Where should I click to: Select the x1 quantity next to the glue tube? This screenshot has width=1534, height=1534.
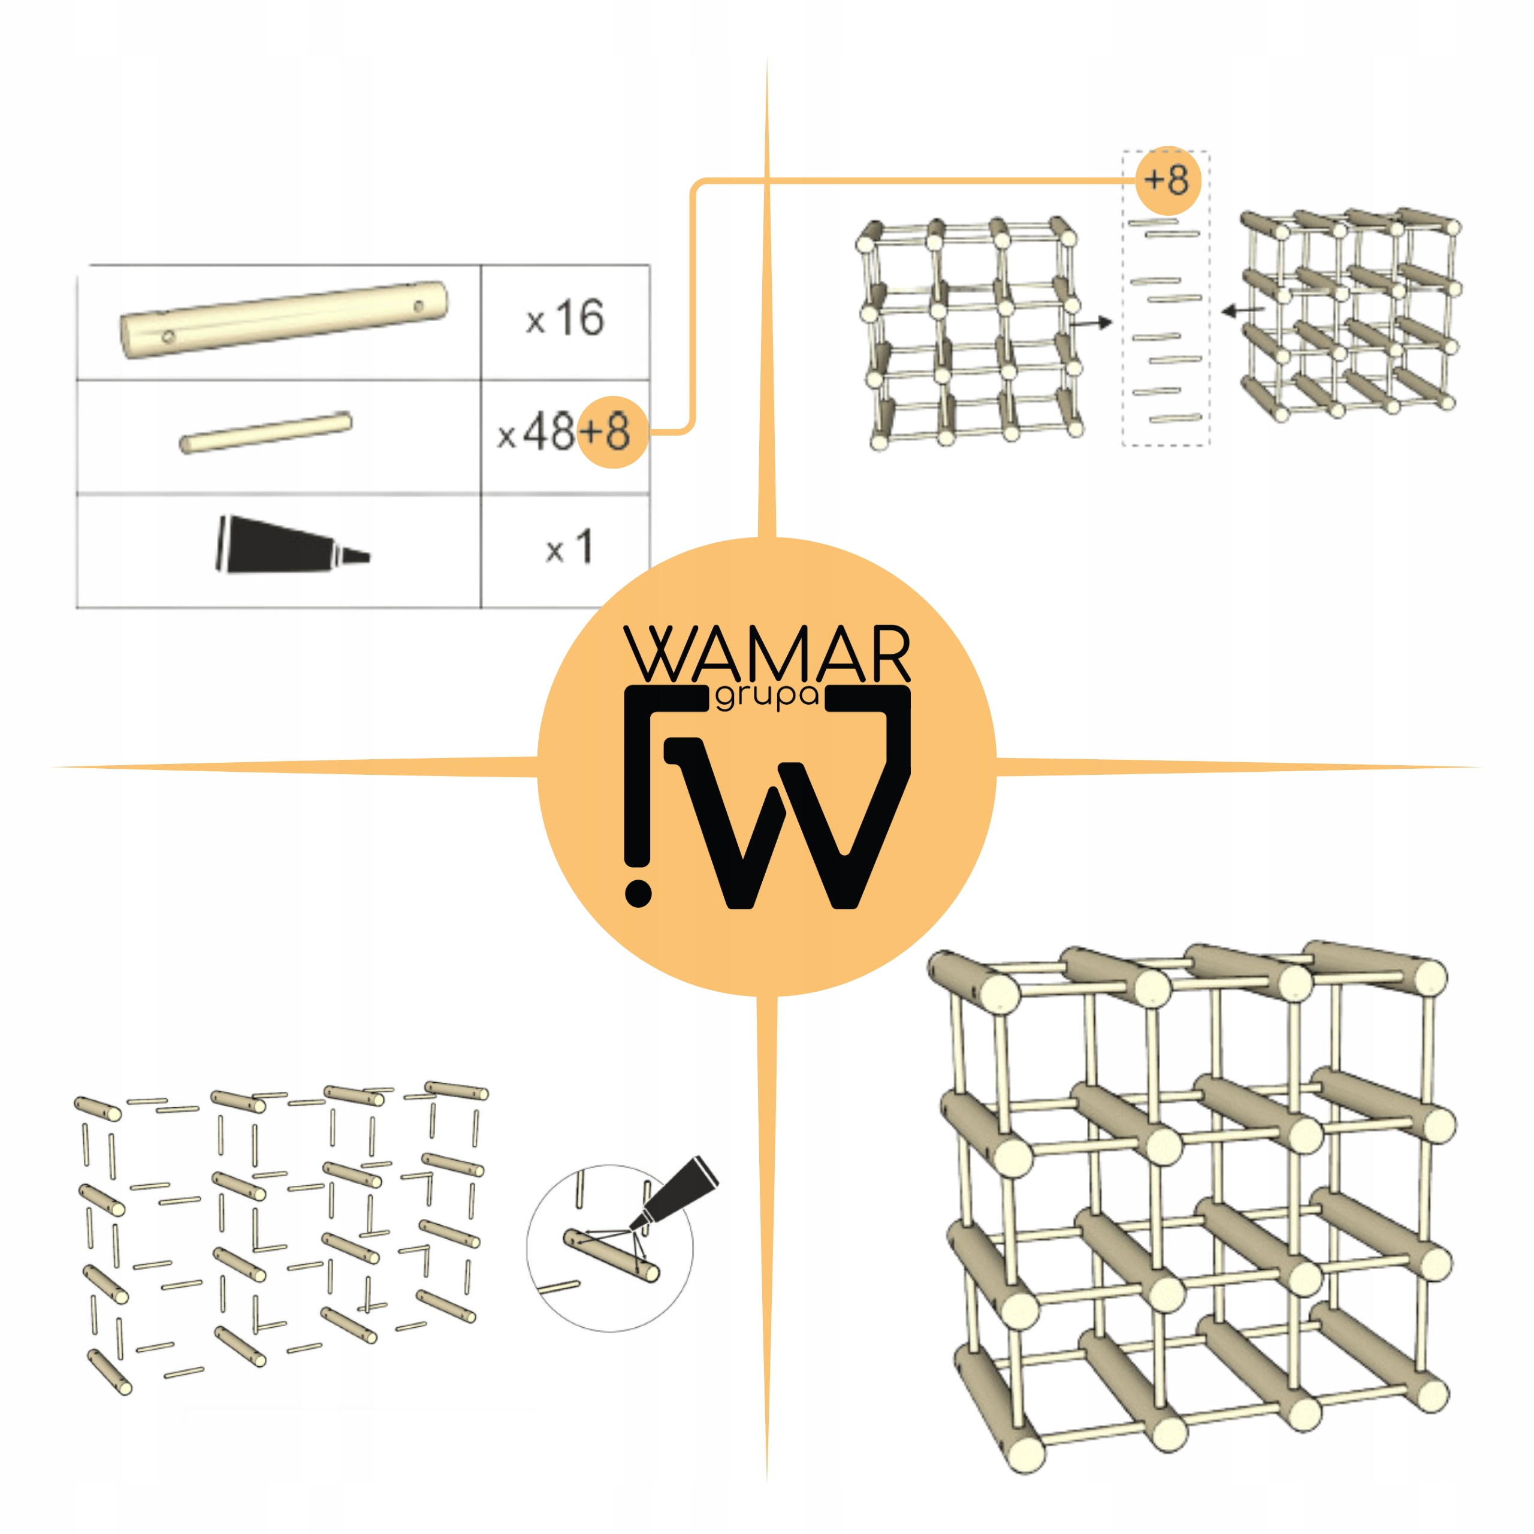(569, 547)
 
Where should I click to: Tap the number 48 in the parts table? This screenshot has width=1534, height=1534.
(549, 433)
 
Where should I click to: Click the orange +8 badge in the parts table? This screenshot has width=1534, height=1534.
(612, 432)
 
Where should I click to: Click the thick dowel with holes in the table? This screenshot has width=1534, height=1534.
(284, 320)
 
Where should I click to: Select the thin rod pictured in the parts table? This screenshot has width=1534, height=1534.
(266, 433)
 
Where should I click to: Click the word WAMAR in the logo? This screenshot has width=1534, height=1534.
(767, 654)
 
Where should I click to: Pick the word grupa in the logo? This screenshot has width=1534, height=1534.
(767, 697)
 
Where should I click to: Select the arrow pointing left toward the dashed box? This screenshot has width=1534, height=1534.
(1243, 310)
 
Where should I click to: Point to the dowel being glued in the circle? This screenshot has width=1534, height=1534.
(611, 1255)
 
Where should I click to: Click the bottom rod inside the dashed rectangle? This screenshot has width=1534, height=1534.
(1175, 418)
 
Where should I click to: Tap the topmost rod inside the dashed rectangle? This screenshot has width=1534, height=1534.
(1153, 222)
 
